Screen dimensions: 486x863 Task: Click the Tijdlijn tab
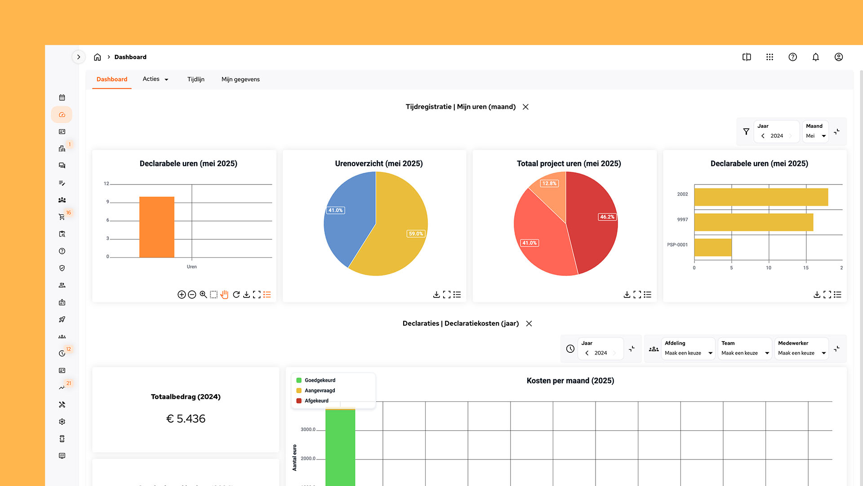point(196,79)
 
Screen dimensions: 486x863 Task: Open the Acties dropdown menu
point(156,79)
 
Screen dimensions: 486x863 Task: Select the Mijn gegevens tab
point(240,79)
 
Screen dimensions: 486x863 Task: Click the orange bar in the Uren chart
point(156,227)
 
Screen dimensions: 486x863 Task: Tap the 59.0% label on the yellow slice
point(416,234)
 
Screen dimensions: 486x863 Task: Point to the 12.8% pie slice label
point(549,184)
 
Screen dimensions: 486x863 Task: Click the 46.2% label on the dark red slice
point(607,217)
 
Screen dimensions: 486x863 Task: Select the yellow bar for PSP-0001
point(713,247)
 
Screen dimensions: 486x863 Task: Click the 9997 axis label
point(682,220)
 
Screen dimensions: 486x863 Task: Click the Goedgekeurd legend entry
point(320,380)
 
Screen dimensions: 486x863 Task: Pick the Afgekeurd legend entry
point(316,401)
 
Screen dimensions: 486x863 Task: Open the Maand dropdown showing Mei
point(816,136)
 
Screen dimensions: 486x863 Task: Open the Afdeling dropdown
point(688,353)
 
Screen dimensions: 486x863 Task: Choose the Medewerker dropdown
point(801,353)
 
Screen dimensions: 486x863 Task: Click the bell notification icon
point(815,57)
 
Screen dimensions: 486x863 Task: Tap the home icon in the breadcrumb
point(97,57)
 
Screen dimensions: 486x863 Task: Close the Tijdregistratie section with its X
point(525,107)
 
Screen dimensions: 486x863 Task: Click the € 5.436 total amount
point(186,419)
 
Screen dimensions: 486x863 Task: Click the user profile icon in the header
point(838,57)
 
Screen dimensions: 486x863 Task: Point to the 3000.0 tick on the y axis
point(308,430)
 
